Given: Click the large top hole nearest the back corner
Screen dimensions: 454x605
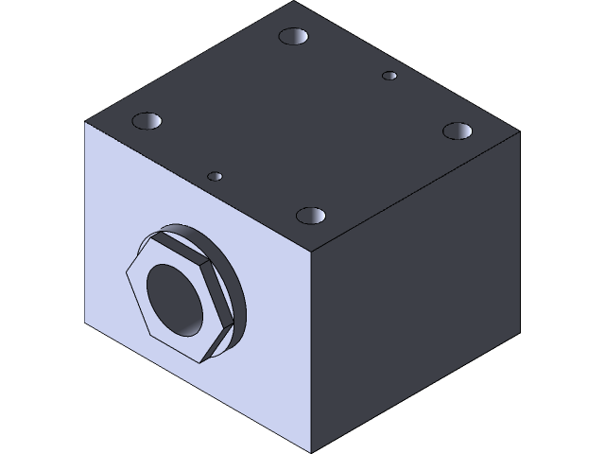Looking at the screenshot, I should [x=295, y=38].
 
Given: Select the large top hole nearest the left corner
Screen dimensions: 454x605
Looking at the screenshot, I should [x=147, y=121].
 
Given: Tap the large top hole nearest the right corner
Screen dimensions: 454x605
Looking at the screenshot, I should [x=458, y=130].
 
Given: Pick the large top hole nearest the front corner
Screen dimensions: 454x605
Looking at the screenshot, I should [x=310, y=216].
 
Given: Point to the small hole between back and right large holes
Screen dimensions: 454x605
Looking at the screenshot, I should [x=389, y=75].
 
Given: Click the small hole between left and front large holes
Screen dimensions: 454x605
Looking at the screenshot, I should [x=216, y=176].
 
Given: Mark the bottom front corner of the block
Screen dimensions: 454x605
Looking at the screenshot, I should [x=312, y=451].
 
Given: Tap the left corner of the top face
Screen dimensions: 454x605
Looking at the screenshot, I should [x=86, y=123].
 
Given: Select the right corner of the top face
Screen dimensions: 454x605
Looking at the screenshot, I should [x=519, y=132].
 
